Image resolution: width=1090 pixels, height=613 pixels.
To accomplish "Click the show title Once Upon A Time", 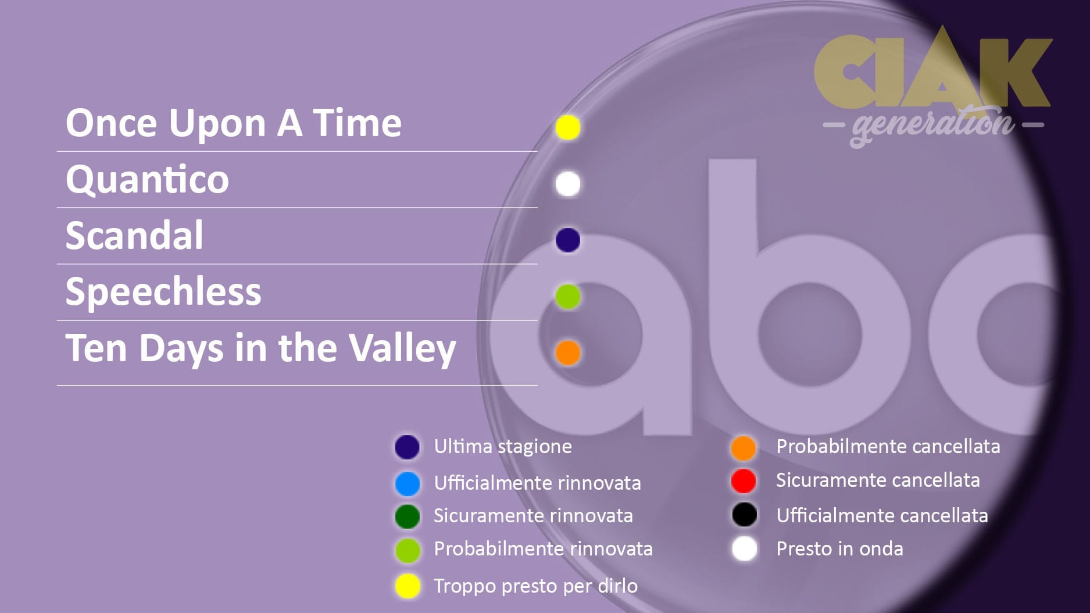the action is point(234,123).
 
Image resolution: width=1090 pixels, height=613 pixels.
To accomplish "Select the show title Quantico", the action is point(148,179).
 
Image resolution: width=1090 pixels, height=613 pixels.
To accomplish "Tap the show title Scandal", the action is point(134,235).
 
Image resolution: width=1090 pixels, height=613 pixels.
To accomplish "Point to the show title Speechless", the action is point(163,291).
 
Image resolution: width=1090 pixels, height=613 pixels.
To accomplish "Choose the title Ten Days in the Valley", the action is point(260,348).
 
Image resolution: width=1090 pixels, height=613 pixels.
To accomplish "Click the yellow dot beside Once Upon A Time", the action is point(567,127).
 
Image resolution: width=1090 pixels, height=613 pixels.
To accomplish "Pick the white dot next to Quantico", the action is point(567,184).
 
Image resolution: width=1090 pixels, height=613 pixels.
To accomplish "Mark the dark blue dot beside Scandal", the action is point(567,240).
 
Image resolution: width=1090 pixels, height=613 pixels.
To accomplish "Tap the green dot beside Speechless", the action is point(567,297).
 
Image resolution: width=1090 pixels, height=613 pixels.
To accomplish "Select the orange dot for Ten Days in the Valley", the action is point(567,352).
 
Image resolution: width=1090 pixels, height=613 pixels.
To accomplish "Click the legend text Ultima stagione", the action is point(503,447).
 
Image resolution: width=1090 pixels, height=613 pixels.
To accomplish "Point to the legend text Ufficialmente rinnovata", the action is point(537,483).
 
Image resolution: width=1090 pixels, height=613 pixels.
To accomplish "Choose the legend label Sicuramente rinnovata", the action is point(533,516).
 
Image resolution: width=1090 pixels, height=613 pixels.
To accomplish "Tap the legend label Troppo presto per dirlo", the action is point(535,586).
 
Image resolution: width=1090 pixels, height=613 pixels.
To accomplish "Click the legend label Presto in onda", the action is point(839,548).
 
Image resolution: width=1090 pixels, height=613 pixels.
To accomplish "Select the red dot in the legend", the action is point(744,481).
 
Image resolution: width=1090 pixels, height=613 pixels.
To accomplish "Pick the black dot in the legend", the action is point(744,515).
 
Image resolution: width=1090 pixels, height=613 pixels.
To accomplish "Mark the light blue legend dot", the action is point(407,483).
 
